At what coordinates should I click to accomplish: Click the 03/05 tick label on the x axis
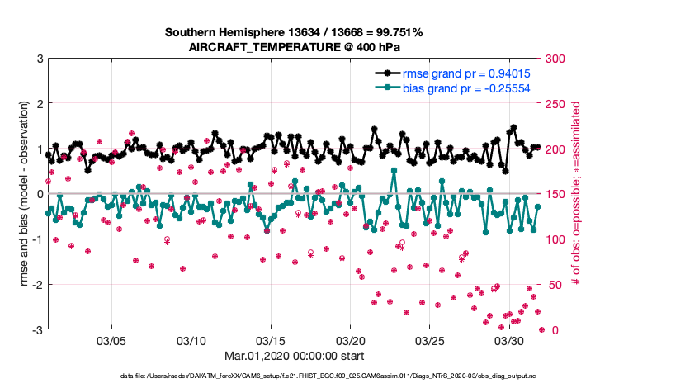[111, 340]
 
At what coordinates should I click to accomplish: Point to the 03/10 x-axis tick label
[191, 340]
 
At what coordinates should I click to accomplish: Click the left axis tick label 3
[40, 59]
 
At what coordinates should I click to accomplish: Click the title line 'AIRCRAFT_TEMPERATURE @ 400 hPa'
[294, 48]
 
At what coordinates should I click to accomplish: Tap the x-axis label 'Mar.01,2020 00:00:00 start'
[294, 357]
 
